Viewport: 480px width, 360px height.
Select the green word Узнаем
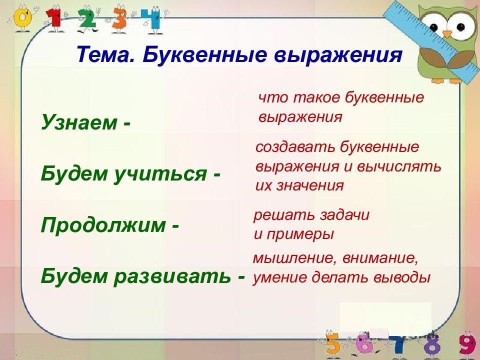79,122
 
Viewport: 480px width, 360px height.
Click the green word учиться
160,174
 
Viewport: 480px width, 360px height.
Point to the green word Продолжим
103,225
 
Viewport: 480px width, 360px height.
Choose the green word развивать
172,276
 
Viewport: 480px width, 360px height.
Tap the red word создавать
295,147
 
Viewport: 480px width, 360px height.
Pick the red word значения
310,186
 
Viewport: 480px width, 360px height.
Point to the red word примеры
300,235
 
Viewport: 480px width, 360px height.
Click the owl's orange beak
447,33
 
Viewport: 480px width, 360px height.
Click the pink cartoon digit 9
467,345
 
